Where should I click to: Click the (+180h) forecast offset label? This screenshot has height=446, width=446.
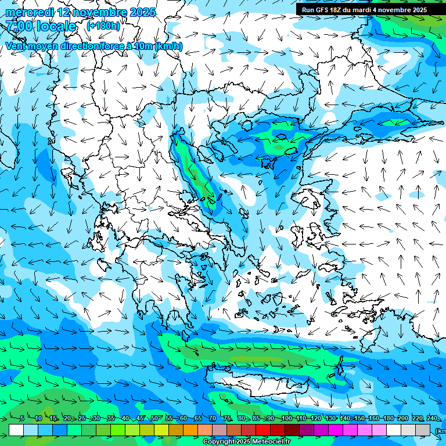coord(103,26)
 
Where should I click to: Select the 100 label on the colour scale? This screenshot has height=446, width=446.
coord(286,419)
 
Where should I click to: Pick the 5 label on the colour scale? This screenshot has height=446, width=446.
coord(22,419)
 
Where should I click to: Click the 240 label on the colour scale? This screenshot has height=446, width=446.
coord(432,419)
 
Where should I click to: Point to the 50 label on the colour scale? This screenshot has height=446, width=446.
coord(154,419)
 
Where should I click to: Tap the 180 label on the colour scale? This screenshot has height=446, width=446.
coord(389,419)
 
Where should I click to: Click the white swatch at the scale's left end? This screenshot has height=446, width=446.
coord(16,430)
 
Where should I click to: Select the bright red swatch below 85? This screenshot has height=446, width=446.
coord(263,430)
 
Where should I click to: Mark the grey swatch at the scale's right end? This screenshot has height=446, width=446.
coord(423,430)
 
